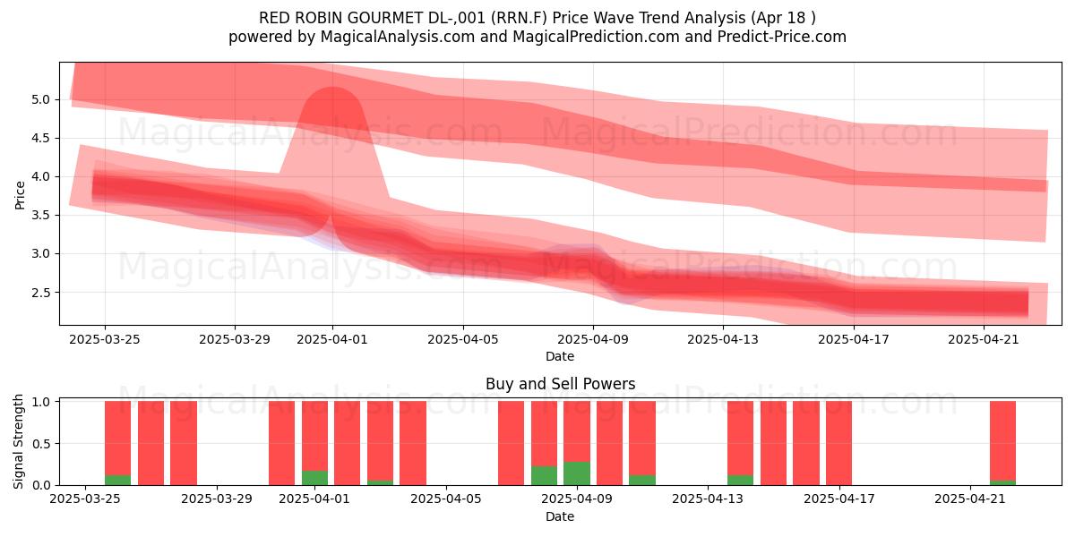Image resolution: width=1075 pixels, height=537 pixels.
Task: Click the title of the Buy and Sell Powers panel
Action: click(560, 384)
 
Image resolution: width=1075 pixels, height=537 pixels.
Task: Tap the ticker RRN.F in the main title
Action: click(520, 18)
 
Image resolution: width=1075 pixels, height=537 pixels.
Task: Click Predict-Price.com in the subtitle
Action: click(782, 37)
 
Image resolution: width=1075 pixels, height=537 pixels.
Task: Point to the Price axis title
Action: click(20, 195)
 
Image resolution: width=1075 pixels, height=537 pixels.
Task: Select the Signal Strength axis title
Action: click(18, 441)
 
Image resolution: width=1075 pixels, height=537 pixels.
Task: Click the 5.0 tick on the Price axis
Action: click(41, 99)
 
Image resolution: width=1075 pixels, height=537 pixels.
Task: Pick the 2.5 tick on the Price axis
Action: click(41, 293)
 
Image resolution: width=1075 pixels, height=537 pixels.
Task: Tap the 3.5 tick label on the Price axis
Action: click(41, 216)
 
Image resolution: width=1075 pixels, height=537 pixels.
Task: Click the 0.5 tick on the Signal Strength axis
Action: click(42, 444)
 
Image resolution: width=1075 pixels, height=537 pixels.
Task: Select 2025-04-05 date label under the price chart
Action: click(463, 340)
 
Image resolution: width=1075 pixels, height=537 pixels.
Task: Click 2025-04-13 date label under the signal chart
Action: click(708, 499)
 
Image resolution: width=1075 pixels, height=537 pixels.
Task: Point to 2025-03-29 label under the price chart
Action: click(235, 340)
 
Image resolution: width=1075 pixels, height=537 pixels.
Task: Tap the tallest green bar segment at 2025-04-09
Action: click(577, 473)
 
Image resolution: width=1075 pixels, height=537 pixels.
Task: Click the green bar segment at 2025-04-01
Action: click(314, 478)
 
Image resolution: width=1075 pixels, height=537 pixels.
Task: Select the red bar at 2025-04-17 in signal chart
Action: click(838, 443)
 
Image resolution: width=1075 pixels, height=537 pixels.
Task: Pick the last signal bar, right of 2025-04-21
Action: click(1003, 443)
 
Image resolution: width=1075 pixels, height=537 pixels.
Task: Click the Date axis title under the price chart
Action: click(560, 357)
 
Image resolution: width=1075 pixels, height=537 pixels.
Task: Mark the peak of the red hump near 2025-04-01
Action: click(332, 88)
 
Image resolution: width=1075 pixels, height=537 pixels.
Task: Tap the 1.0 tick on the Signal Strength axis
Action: click(42, 402)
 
